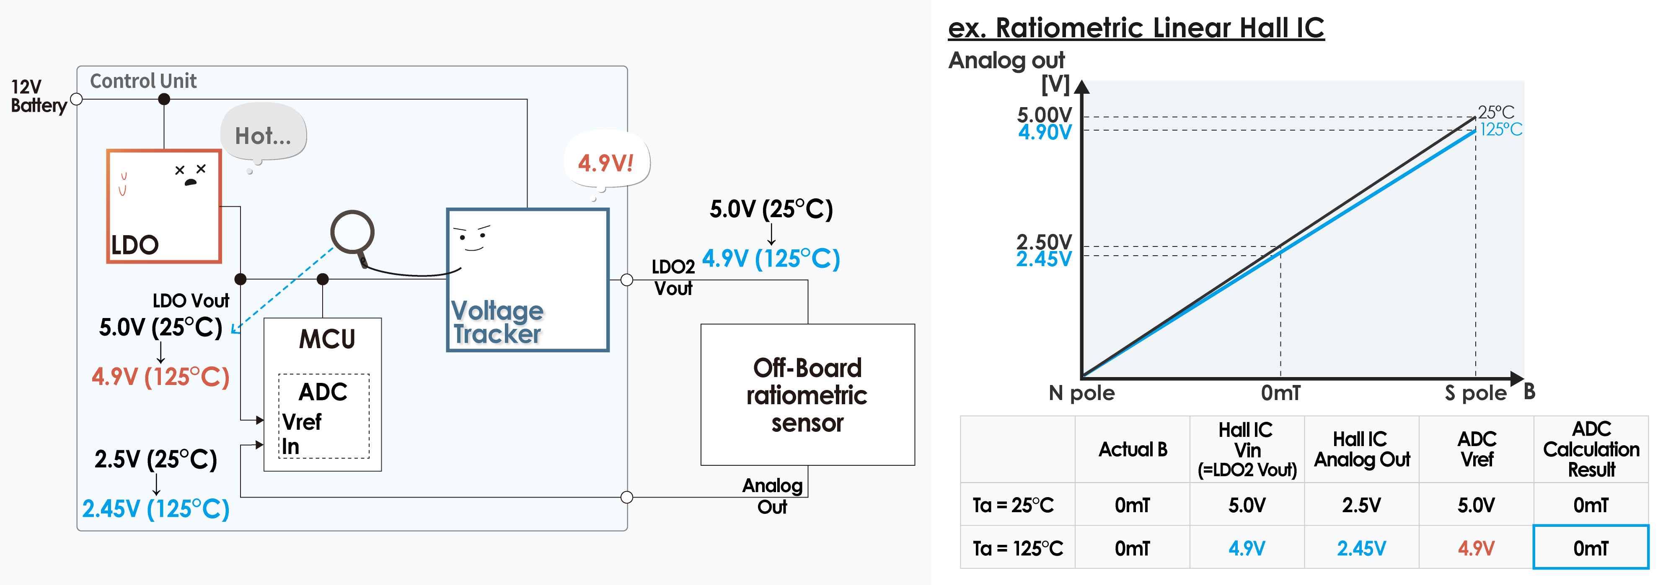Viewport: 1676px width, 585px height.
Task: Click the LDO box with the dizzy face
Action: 164,206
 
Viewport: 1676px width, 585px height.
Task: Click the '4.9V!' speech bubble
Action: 606,162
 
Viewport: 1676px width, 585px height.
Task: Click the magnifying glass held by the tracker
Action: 352,233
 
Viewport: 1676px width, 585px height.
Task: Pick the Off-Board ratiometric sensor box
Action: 807,395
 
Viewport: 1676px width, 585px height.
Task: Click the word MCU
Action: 327,339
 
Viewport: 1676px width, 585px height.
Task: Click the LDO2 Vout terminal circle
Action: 626,280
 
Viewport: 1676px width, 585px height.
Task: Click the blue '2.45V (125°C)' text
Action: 156,509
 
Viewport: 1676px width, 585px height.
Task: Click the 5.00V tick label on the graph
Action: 1044,115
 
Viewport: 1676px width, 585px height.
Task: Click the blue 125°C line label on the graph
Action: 1501,129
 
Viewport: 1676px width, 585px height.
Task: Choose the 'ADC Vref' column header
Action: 1476,449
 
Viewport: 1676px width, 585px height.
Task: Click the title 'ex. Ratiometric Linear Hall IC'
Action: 1136,28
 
